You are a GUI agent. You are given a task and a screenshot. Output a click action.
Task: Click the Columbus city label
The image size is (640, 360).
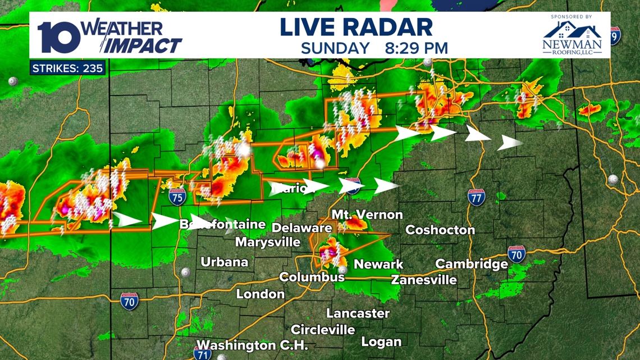[312, 277]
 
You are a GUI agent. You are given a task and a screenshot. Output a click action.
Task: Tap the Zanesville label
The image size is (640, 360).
[424, 279]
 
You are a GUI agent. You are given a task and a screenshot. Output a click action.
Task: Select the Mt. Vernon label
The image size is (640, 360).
[367, 215]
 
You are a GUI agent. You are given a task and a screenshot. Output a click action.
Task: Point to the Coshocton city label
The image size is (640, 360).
[440, 230]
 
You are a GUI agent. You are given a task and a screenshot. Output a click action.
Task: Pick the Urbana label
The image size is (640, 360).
[225, 262]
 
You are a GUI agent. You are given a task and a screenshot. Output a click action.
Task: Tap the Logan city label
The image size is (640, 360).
[381, 341]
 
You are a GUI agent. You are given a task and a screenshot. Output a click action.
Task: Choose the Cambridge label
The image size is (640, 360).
[472, 264]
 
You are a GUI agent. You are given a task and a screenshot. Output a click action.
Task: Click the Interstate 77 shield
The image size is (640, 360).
[476, 198]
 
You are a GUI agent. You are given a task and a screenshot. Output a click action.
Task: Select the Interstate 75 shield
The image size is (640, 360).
[177, 197]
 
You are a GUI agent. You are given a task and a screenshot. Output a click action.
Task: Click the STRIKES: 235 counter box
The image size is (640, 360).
[67, 69]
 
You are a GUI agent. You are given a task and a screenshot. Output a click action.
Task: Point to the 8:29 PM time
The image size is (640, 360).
[416, 48]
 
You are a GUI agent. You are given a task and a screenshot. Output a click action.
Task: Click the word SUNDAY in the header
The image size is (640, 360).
[335, 48]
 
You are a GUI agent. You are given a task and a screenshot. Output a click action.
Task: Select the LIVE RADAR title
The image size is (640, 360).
[356, 28]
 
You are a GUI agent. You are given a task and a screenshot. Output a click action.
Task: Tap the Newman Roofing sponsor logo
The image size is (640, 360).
[572, 37]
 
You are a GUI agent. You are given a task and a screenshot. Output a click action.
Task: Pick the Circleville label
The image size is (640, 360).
[323, 329]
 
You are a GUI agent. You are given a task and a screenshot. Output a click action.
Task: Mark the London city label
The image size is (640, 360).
[260, 294]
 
